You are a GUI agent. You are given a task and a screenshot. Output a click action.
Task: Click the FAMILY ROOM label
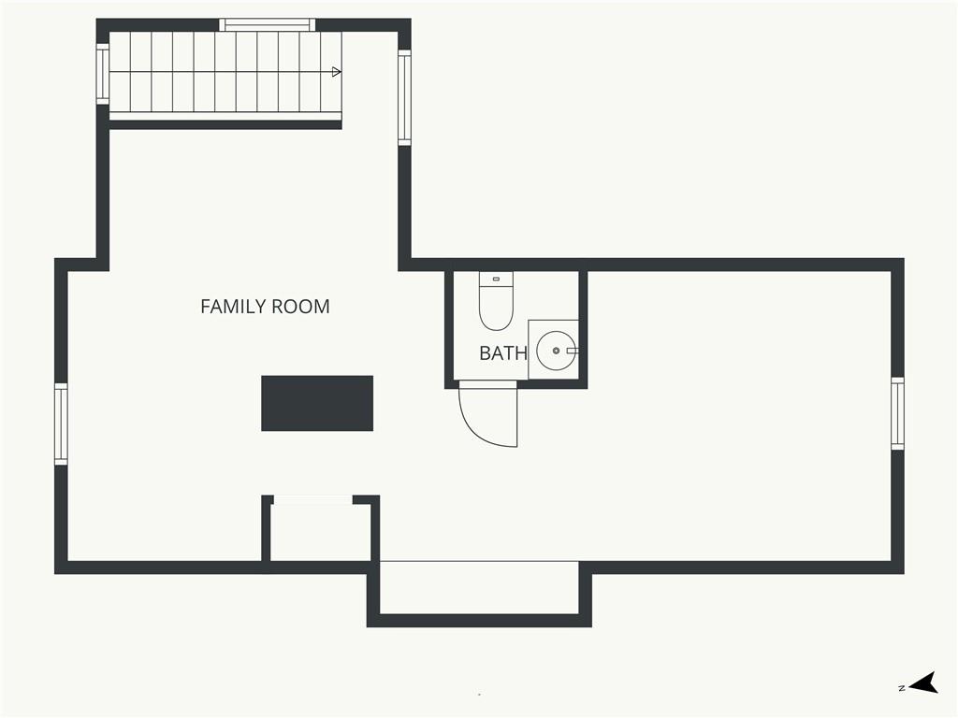pos(265,306)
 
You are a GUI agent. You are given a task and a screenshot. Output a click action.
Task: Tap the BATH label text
pos(502,352)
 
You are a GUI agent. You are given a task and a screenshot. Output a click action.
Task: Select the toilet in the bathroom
pos(496,301)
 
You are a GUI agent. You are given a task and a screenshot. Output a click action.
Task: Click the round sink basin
pos(556,351)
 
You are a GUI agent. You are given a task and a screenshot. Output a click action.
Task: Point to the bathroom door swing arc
pos(473,429)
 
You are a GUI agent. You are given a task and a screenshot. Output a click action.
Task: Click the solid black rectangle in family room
pos(317,403)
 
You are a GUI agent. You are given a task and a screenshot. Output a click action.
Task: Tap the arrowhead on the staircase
pos(336,72)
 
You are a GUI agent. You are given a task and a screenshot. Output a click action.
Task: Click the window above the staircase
pos(268,25)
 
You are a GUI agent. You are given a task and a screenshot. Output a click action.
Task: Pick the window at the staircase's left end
pos(103,74)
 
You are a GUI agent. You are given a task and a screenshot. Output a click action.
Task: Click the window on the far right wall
pos(897,413)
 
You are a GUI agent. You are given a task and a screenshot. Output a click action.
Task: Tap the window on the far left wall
pos(61,424)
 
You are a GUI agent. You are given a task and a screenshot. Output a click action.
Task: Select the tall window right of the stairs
pos(404,97)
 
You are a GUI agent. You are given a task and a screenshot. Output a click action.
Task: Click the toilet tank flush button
pos(496,279)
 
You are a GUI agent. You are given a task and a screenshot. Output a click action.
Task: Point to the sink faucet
pos(573,351)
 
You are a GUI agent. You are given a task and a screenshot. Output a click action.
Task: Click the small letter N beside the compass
pos(902,688)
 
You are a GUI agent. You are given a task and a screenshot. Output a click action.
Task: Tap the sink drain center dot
pos(556,351)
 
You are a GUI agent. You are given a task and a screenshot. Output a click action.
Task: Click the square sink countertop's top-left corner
pos(529,320)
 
